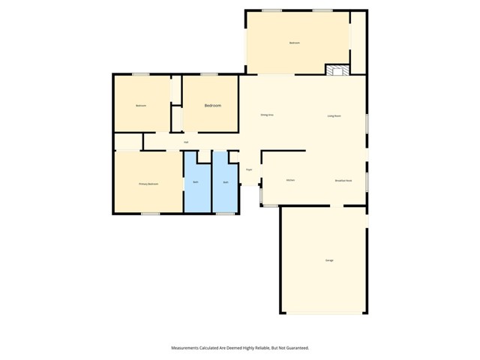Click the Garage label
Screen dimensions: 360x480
(x=329, y=260)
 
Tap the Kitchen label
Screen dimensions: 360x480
(x=290, y=181)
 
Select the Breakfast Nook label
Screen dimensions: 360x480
(x=343, y=181)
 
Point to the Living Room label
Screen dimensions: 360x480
(x=334, y=115)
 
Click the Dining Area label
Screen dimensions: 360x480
(x=266, y=115)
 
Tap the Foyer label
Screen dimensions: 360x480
(x=249, y=169)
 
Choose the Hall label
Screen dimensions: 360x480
(x=186, y=142)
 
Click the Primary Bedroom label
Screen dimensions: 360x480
(x=148, y=184)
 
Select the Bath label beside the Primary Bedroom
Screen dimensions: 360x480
(x=196, y=182)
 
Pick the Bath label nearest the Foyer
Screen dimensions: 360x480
(x=225, y=182)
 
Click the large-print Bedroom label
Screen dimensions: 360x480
(x=213, y=106)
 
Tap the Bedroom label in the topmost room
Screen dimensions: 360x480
(x=295, y=43)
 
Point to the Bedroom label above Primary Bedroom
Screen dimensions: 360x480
(x=140, y=106)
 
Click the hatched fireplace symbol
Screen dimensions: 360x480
(x=337, y=70)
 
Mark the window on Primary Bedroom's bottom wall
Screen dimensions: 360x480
(x=151, y=214)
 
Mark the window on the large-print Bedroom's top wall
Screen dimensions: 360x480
(x=208, y=73)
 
